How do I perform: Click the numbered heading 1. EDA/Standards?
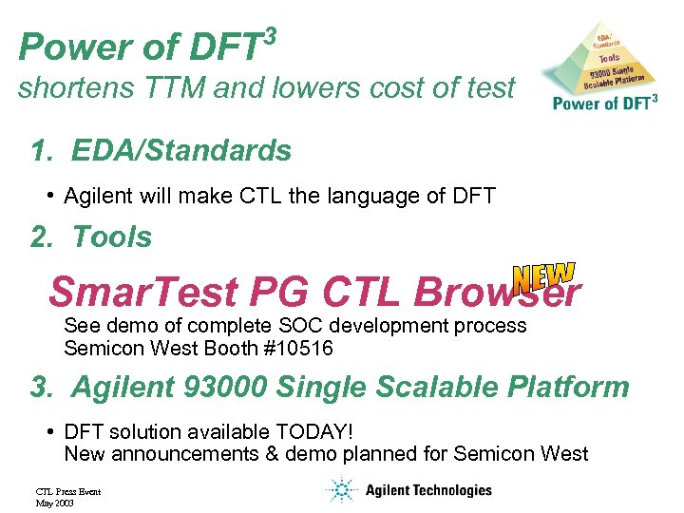tap(161, 151)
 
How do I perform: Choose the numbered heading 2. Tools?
tap(91, 237)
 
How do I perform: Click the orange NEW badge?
tap(543, 276)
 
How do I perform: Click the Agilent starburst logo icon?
tap(339, 490)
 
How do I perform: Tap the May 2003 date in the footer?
tap(54, 503)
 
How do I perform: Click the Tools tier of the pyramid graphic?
tap(609, 58)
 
